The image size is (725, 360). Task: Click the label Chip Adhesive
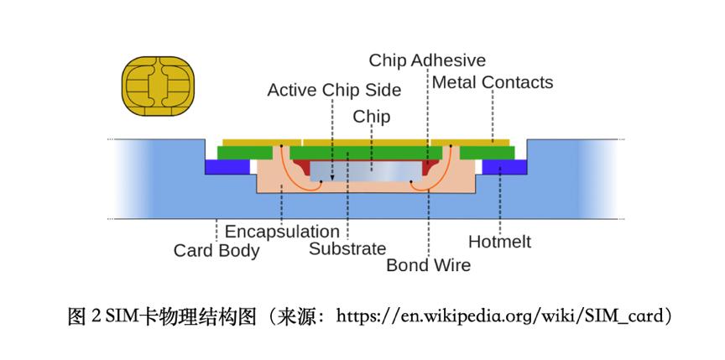[x=427, y=60]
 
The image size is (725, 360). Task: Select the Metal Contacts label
[x=493, y=82]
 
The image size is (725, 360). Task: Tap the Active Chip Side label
[x=334, y=89]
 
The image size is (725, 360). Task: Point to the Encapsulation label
[x=282, y=231]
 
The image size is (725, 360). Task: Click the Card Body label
[x=216, y=250]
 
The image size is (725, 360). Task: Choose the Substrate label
[x=347, y=248]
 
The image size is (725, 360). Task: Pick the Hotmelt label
[x=499, y=243]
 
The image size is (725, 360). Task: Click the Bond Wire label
[x=428, y=265]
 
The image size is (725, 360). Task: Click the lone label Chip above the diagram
[x=372, y=116]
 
